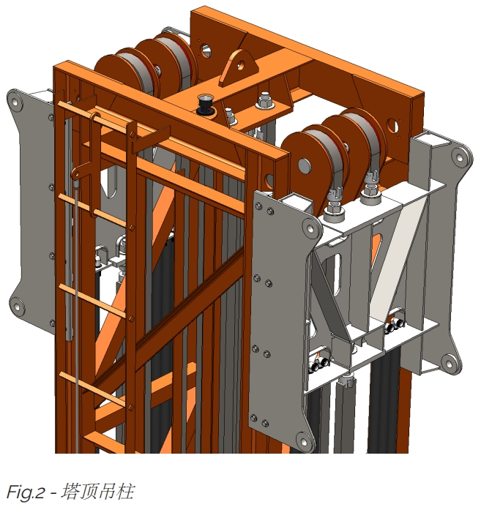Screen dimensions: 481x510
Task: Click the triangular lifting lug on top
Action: (239, 67)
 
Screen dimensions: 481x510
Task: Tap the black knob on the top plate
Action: (205, 104)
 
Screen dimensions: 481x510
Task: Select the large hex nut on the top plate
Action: (265, 100)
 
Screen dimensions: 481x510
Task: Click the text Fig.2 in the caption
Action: (25, 492)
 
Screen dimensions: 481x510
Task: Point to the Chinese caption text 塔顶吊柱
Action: (97, 492)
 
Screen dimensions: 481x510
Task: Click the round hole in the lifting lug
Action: (240, 65)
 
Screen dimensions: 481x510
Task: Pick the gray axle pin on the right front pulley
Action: (305, 165)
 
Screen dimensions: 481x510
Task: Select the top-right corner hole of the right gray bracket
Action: (460, 157)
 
